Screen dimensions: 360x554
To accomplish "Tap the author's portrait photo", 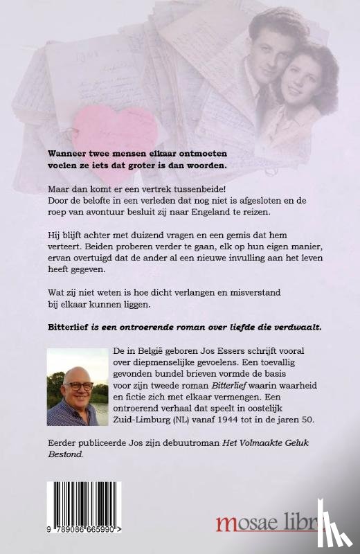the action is [78, 387].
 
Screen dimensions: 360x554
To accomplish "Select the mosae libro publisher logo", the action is [271, 524].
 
